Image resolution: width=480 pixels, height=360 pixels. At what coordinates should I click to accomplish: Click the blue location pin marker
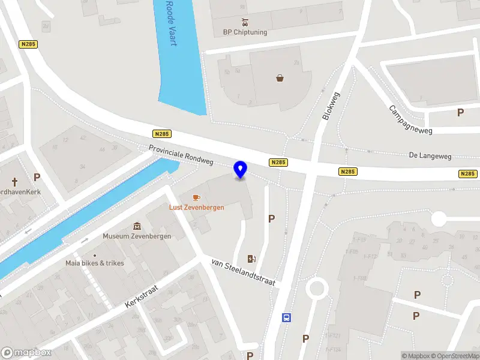tap(241, 170)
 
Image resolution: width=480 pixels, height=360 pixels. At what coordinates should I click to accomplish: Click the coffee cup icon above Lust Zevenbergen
tap(196, 197)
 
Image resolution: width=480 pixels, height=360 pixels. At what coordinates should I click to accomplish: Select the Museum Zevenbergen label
tap(137, 236)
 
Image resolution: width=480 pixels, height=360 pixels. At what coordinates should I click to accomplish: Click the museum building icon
tap(137, 226)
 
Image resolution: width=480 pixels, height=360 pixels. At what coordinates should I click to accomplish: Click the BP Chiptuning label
tap(245, 32)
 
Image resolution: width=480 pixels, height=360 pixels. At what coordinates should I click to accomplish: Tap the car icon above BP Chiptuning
tap(245, 22)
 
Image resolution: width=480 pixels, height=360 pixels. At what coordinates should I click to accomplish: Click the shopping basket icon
tap(280, 77)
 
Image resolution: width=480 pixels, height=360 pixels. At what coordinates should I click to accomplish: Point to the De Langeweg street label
tap(430, 155)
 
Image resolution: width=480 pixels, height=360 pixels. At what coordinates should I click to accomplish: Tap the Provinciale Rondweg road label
tap(181, 155)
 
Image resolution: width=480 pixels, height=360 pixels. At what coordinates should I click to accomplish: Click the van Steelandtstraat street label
tap(242, 272)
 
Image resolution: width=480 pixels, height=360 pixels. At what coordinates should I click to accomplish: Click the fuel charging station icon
tap(253, 259)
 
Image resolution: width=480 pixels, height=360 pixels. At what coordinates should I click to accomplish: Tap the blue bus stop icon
tap(287, 317)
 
